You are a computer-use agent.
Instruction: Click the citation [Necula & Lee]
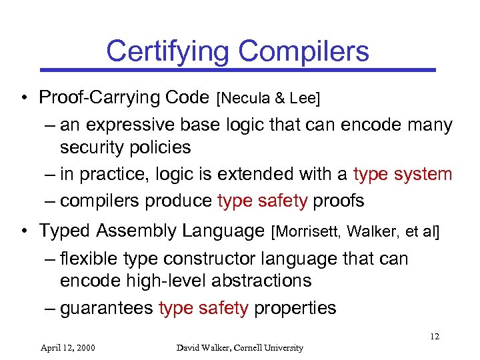click(268, 99)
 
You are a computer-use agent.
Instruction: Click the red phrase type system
click(403, 174)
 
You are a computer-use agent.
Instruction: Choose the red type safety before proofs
click(262, 201)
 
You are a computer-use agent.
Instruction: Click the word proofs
click(339, 201)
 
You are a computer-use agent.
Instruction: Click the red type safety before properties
click(203, 307)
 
